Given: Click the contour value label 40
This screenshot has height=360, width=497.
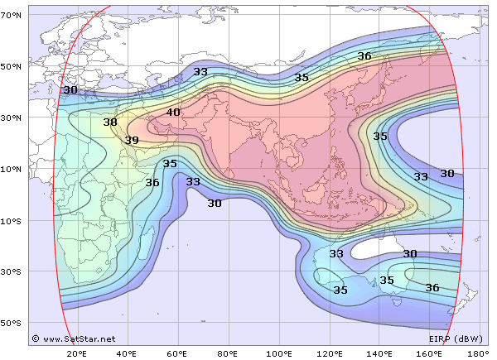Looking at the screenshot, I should point(173,113).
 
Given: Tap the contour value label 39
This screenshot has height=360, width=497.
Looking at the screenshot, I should point(132,141).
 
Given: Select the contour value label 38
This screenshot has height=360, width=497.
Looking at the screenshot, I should point(110,122).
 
